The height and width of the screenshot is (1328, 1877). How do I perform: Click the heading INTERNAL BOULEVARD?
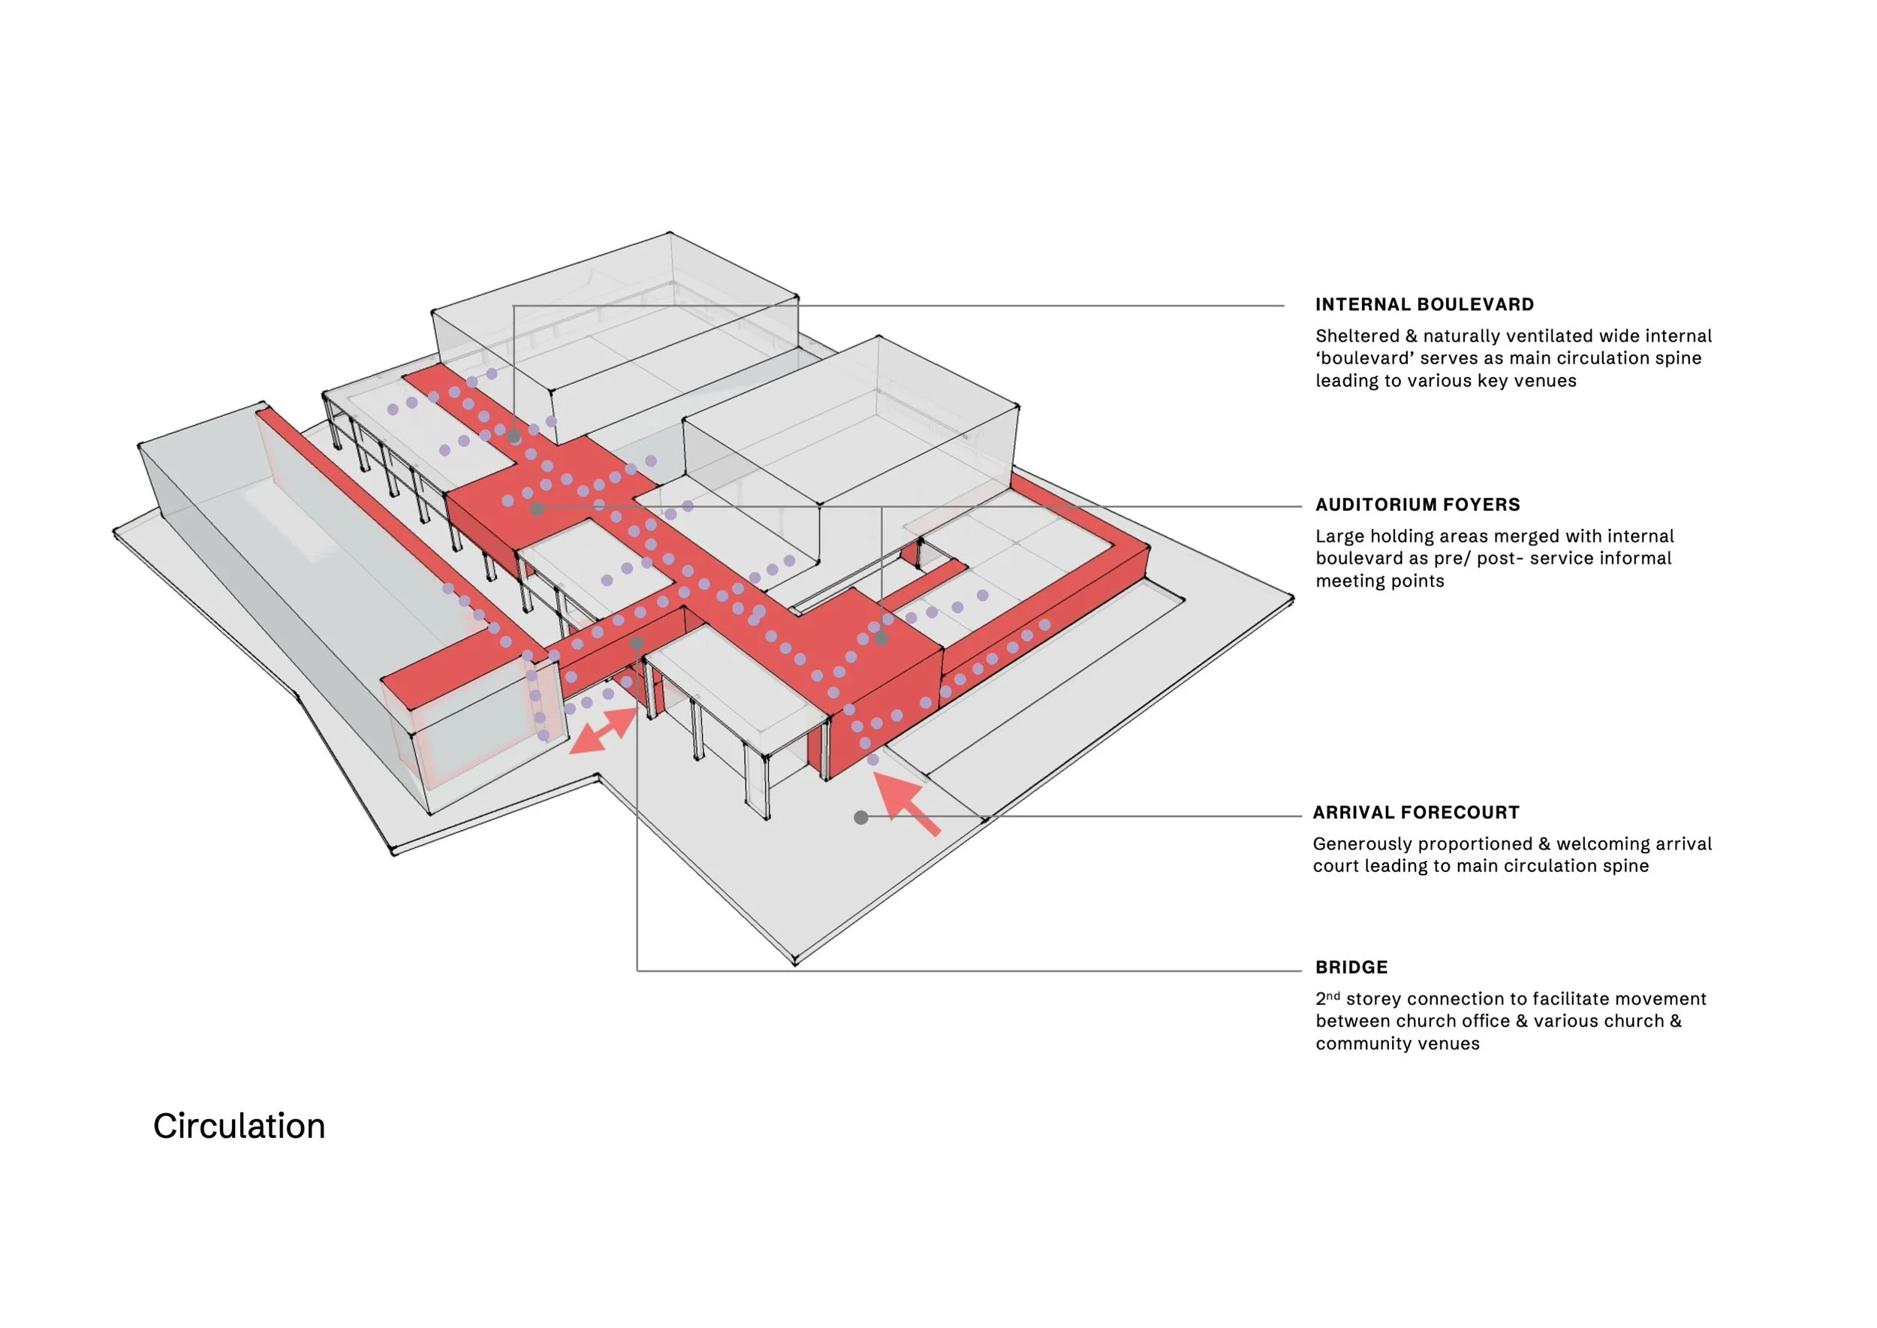coord(1424,304)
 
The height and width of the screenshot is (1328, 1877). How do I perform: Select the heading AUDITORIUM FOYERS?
coord(1418,505)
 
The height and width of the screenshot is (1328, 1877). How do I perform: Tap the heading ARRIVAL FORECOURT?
coord(1416,812)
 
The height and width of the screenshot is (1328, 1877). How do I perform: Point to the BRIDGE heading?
coord(1351,967)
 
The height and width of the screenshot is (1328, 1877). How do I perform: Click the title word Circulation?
coord(239,1126)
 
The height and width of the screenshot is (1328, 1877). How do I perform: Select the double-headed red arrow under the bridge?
coord(604,729)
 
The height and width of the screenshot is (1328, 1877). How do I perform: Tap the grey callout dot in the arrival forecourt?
coord(861,817)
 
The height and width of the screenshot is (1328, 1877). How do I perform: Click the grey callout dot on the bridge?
coord(637,644)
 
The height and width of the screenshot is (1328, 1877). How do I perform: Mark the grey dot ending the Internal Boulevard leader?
coord(514,436)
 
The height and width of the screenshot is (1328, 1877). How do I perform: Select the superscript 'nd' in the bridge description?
coord(1333,995)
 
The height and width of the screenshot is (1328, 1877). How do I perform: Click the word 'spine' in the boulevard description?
coord(1677,358)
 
